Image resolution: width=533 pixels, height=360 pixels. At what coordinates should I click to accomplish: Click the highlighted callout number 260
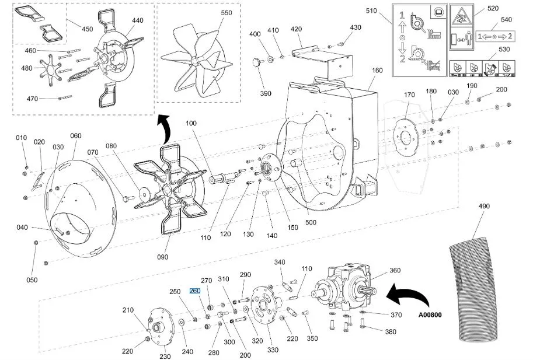[195, 291]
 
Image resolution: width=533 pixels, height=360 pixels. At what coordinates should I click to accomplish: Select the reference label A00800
[430, 315]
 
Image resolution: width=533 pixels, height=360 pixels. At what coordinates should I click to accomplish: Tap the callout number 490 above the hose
[484, 206]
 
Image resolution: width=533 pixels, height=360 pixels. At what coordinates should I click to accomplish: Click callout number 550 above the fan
[227, 13]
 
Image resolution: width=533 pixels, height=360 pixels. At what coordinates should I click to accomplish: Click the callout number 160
[377, 70]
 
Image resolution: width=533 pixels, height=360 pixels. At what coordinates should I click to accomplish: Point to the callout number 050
[32, 280]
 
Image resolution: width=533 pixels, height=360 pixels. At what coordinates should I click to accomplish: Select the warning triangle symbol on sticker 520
[461, 16]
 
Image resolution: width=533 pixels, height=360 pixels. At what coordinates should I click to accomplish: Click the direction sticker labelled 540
[496, 36]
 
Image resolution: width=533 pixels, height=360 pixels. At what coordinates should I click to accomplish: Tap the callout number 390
[266, 93]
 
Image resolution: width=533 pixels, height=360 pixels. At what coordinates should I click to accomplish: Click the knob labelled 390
[257, 62]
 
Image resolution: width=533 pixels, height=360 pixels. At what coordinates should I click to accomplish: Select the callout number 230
[165, 356]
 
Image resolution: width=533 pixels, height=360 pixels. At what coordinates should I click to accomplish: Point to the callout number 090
[162, 257]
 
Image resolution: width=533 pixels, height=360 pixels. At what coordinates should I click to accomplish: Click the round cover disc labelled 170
[406, 137]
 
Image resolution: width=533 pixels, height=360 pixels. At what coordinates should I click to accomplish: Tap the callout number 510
[371, 11]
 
